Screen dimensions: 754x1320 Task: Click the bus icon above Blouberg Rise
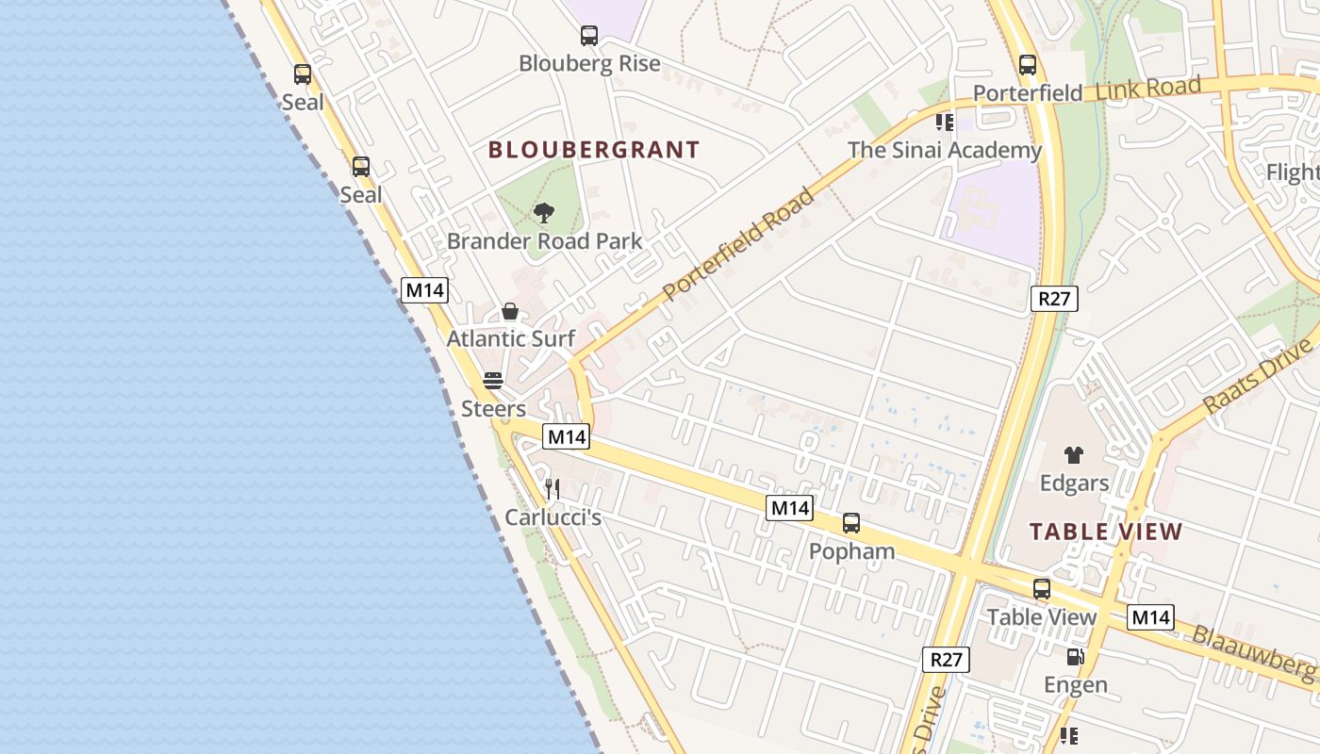click(589, 37)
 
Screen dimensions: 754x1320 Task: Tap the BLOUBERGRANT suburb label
click(594, 150)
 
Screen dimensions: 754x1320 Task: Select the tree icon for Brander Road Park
click(543, 213)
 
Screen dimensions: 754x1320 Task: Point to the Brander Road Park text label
click(544, 241)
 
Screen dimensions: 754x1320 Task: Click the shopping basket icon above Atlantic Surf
click(510, 311)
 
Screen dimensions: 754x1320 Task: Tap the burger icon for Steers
click(493, 381)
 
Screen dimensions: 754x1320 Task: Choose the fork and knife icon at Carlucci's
click(553, 488)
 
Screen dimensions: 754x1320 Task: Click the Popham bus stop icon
click(851, 522)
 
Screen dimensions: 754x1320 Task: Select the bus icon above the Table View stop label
click(1042, 589)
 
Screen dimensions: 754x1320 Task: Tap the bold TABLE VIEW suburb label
click(1106, 532)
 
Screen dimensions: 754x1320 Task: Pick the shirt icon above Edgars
click(1074, 455)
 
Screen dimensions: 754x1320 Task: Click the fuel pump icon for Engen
click(1075, 657)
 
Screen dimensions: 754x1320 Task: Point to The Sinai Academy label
click(945, 150)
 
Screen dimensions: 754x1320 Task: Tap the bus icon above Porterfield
click(1028, 65)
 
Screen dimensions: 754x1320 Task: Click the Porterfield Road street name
click(738, 245)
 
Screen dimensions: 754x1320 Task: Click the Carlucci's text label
click(553, 517)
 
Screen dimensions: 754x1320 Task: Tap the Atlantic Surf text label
click(511, 338)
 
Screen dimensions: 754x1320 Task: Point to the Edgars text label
click(1074, 484)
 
